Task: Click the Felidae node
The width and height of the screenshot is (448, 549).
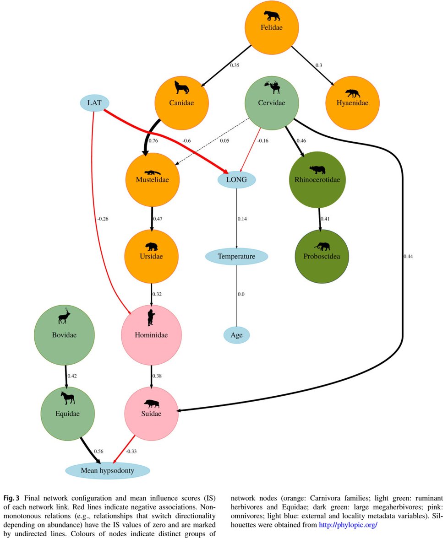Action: point(272,27)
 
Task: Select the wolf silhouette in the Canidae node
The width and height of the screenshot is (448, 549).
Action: point(182,87)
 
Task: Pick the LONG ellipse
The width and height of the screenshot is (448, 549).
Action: point(236,179)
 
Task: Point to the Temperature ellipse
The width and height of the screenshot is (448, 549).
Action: point(236,256)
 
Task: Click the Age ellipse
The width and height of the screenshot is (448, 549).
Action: point(236,335)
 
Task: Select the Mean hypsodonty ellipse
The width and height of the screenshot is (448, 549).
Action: point(108,470)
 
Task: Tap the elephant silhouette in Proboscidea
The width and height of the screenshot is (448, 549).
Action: point(322,246)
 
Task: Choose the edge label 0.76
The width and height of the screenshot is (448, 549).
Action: point(153,140)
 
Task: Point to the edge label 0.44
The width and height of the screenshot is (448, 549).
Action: point(408,256)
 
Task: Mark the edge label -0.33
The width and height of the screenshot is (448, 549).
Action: point(132,451)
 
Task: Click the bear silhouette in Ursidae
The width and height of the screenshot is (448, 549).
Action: point(151,247)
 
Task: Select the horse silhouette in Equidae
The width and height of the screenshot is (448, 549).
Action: point(68,398)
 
